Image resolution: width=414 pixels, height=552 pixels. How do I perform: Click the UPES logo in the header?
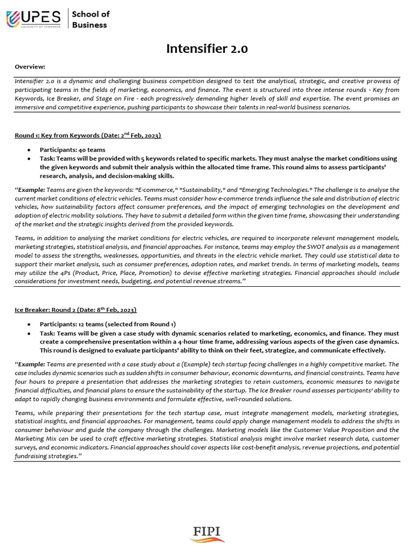[33, 19]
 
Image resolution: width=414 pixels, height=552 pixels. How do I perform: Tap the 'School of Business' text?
[91, 19]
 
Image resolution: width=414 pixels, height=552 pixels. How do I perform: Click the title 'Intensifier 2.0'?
[207, 49]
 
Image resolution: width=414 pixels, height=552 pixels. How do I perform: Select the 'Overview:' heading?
[30, 66]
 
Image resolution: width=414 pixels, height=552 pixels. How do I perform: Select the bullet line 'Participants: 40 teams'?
[72, 149]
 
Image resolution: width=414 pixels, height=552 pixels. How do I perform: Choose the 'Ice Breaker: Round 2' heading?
[48, 310]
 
